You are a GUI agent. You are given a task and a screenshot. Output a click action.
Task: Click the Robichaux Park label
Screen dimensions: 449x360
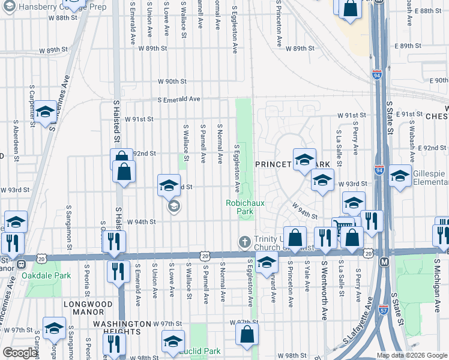tap(245, 207)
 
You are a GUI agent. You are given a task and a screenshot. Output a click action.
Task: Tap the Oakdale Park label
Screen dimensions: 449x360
tap(46, 275)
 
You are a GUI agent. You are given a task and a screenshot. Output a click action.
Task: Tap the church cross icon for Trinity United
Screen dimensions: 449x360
tap(244, 242)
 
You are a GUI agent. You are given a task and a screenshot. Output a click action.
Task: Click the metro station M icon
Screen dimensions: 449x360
tap(384, 262)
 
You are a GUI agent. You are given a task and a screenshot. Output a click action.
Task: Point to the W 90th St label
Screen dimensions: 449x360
tap(172, 81)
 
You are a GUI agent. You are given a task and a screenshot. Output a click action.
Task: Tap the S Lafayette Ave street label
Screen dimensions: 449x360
tap(356, 325)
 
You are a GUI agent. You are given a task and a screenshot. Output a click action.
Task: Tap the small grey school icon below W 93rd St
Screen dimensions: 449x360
tap(173, 207)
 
